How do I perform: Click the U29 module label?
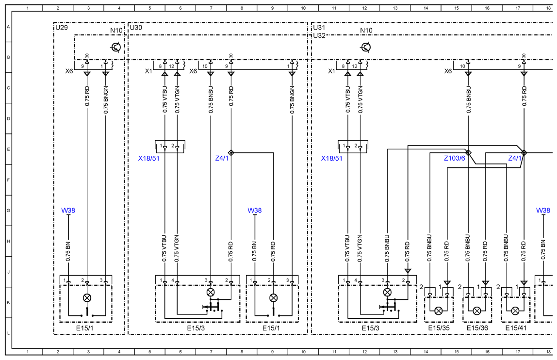pyautogui.click(x=62, y=28)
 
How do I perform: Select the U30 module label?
pyautogui.click(x=136, y=28)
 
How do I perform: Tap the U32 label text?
pyautogui.click(x=319, y=35)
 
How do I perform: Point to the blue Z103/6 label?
pyautogui.click(x=454, y=158)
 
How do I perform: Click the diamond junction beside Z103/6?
pyautogui.click(x=468, y=153)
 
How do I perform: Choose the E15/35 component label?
pyautogui.click(x=439, y=328)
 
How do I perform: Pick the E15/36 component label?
pyautogui.click(x=477, y=328)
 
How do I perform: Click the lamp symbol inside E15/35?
pyautogui.click(x=439, y=311)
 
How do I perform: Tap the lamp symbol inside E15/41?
pyautogui.click(x=515, y=311)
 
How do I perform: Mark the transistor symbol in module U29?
pyautogui.click(x=116, y=47)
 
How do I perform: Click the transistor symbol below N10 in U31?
pyautogui.click(x=366, y=47)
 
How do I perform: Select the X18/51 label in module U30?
pyautogui.click(x=149, y=158)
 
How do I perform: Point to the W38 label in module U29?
pyautogui.click(x=68, y=211)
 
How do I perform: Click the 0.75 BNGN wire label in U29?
pyautogui.click(x=105, y=100)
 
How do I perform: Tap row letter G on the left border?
pyautogui.click(x=8, y=211)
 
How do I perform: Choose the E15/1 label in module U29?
pyautogui.click(x=84, y=328)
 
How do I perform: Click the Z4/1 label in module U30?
pyautogui.click(x=222, y=158)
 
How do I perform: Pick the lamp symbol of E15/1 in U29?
pyautogui.click(x=87, y=298)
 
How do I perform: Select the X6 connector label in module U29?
pyautogui.click(x=69, y=71)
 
